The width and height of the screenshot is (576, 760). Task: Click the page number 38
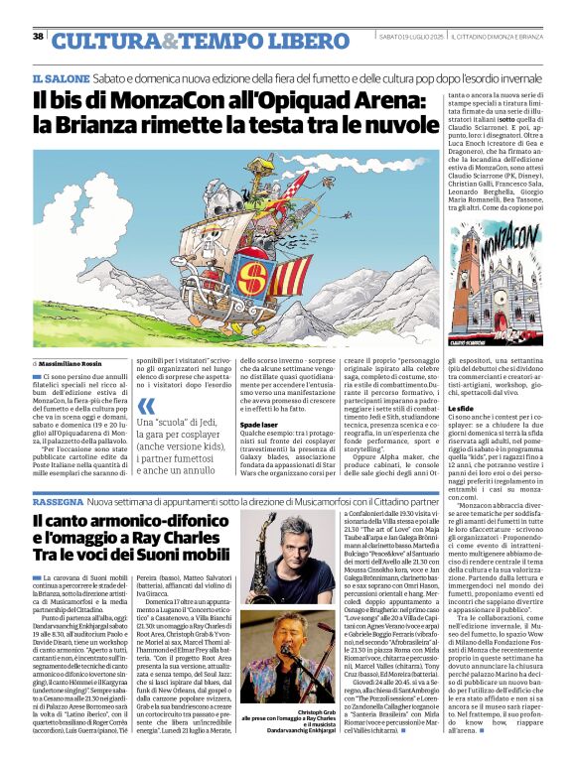(x=38, y=37)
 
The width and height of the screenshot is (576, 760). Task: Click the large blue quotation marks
(x=147, y=406)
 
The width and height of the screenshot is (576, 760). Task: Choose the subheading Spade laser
(x=258, y=425)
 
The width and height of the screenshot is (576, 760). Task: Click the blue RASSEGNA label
(x=57, y=502)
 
